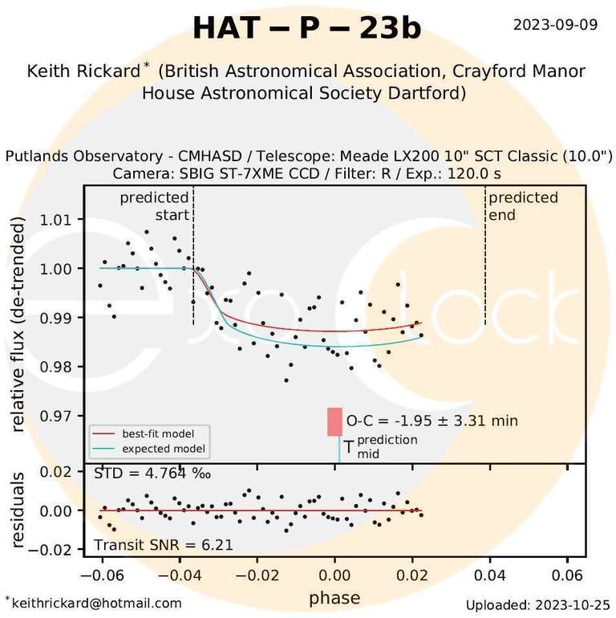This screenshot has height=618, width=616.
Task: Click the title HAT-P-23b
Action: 307,28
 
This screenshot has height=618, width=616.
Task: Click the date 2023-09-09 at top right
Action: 555,24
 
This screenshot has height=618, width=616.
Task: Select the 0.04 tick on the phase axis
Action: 489,575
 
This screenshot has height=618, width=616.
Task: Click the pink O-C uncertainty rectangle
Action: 334,422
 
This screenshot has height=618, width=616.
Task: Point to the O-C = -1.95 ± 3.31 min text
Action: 432,421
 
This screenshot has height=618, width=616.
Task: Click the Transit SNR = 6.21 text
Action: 164,545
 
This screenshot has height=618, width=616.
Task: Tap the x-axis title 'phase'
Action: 334,597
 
